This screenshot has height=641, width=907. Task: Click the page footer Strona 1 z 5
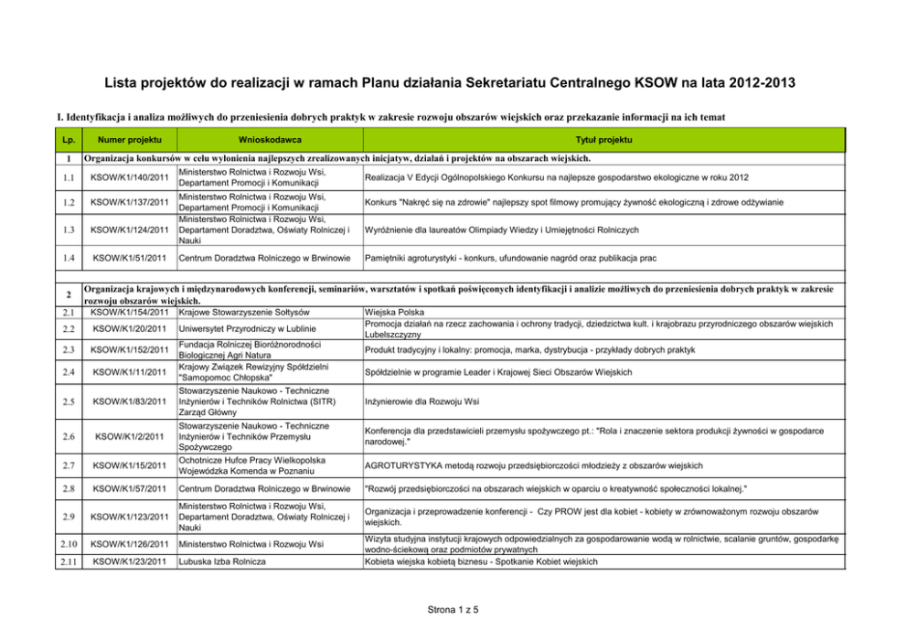click(453, 609)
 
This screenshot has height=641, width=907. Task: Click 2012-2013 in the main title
click(755, 83)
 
